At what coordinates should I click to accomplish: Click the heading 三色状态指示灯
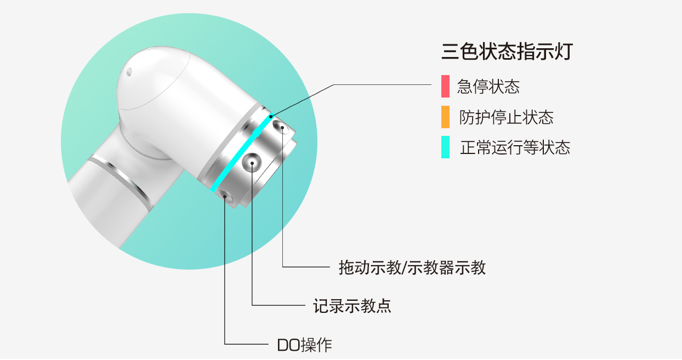(507, 53)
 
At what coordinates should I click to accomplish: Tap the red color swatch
(445, 87)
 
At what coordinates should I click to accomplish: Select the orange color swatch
(445, 117)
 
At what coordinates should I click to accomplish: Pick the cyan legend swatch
(445, 147)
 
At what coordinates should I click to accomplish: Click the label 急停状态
(488, 87)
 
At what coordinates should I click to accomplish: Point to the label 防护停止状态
(506, 117)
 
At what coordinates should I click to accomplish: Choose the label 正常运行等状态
(515, 147)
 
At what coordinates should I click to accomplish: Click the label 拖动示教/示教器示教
(412, 267)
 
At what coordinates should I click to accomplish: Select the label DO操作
(304, 345)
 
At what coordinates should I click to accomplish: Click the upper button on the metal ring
(282, 128)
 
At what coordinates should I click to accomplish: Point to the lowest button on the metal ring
(225, 195)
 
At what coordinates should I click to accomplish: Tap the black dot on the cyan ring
(270, 115)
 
